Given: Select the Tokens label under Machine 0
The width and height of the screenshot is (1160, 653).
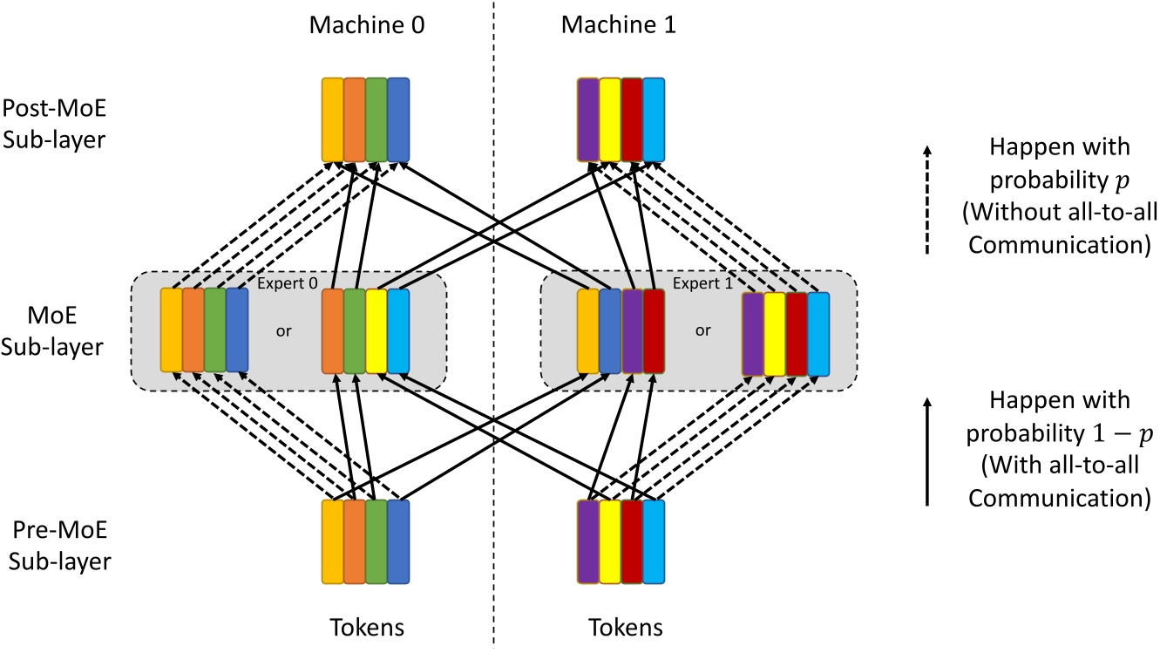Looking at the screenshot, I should click(365, 628).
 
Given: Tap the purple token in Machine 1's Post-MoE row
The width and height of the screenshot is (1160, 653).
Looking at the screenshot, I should click(588, 120).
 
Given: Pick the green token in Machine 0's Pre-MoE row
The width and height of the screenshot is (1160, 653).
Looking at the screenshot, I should click(376, 541).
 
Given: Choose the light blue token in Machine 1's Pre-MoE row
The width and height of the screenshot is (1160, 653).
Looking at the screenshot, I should click(654, 541).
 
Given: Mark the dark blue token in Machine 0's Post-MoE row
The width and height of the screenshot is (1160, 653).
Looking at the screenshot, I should click(398, 120).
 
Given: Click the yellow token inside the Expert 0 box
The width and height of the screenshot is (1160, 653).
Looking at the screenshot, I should click(376, 331).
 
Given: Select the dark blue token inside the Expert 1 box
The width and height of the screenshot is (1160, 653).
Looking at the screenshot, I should click(610, 331).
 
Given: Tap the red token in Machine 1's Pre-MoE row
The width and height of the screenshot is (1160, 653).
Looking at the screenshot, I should click(632, 541).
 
